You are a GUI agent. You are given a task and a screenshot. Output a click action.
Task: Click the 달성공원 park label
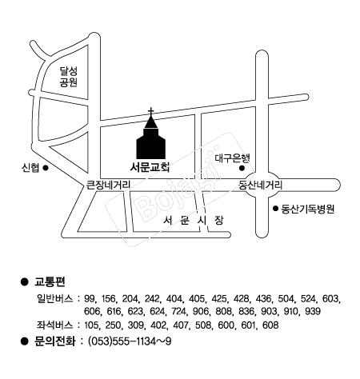pos(69,77)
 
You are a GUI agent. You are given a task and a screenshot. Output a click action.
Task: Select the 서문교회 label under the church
pos(150,167)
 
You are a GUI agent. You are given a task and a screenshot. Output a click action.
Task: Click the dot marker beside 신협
pos(46,168)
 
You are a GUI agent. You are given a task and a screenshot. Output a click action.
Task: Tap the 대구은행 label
pos(233,158)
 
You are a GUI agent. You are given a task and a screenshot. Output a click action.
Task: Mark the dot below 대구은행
pos(242,168)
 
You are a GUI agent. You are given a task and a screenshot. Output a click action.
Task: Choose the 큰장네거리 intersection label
pos(108,185)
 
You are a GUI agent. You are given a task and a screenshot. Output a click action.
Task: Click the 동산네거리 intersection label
pos(260,185)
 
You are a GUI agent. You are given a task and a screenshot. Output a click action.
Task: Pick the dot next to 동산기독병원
pos(275,209)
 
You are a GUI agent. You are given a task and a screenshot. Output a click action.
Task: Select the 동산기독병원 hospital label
pos(308,209)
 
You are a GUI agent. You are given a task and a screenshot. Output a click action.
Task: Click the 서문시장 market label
pos(194,221)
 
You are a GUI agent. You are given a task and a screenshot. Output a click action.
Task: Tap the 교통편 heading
pos(50,281)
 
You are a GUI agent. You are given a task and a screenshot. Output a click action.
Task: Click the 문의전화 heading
pos(55,341)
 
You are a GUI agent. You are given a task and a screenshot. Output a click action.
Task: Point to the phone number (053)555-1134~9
pos(130,341)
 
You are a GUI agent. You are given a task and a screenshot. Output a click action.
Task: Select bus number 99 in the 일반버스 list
pos(89,298)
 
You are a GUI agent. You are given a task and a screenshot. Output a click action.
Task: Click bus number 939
pos(312,311)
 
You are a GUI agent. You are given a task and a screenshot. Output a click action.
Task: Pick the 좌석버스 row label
pos(54,325)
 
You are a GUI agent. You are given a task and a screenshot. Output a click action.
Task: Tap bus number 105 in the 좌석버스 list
pos(92,325)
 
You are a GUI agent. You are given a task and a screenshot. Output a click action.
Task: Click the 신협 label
pos(30,168)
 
